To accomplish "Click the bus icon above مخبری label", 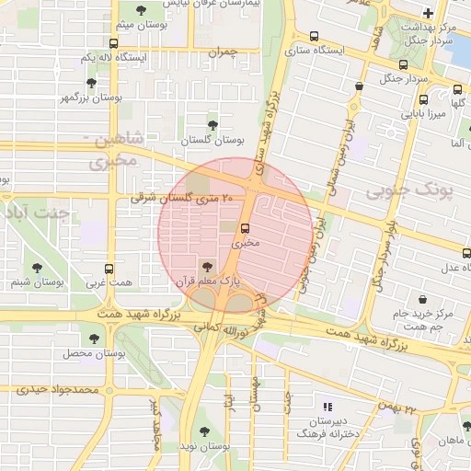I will click(246, 228).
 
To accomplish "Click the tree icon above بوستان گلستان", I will click(213, 123).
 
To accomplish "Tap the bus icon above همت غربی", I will click(109, 270).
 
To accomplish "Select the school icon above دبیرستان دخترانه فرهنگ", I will click(327, 406).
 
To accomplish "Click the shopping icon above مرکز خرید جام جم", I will click(422, 300).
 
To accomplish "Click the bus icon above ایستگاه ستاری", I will click(315, 37).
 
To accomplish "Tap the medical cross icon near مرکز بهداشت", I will click(428, 13).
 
